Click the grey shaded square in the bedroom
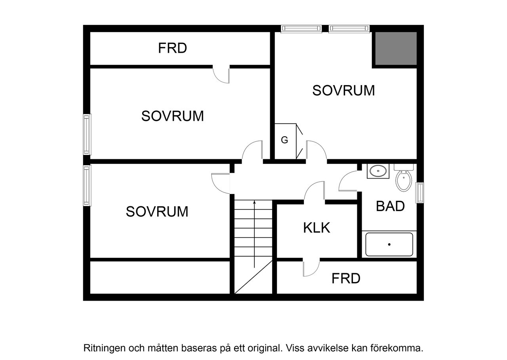[x=395, y=48]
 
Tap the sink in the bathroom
[x=378, y=171]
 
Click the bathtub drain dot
[x=389, y=244]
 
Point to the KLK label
[x=316, y=228]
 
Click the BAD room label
[x=390, y=206]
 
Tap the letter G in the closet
[x=284, y=140]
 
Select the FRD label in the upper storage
[x=172, y=48]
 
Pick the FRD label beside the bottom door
[x=346, y=278]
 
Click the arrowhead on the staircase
[x=254, y=202]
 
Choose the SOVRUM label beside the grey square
[x=343, y=90]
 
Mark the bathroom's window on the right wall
[x=420, y=193]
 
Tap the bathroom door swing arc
[x=348, y=182]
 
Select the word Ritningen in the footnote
[x=102, y=348]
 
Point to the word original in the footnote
[x=265, y=348]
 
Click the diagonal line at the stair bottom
[x=253, y=277]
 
